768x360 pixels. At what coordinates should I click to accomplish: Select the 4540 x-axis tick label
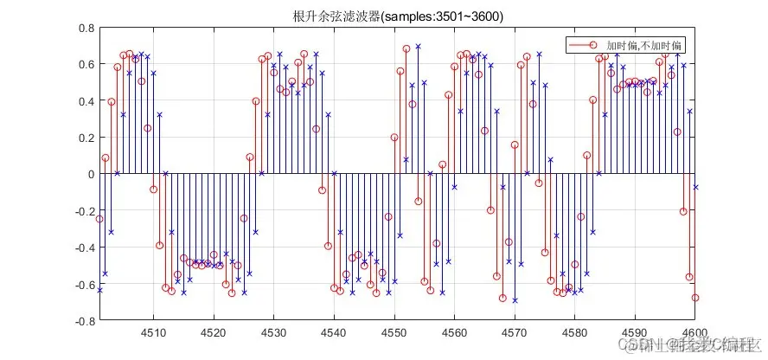coord(334,333)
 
